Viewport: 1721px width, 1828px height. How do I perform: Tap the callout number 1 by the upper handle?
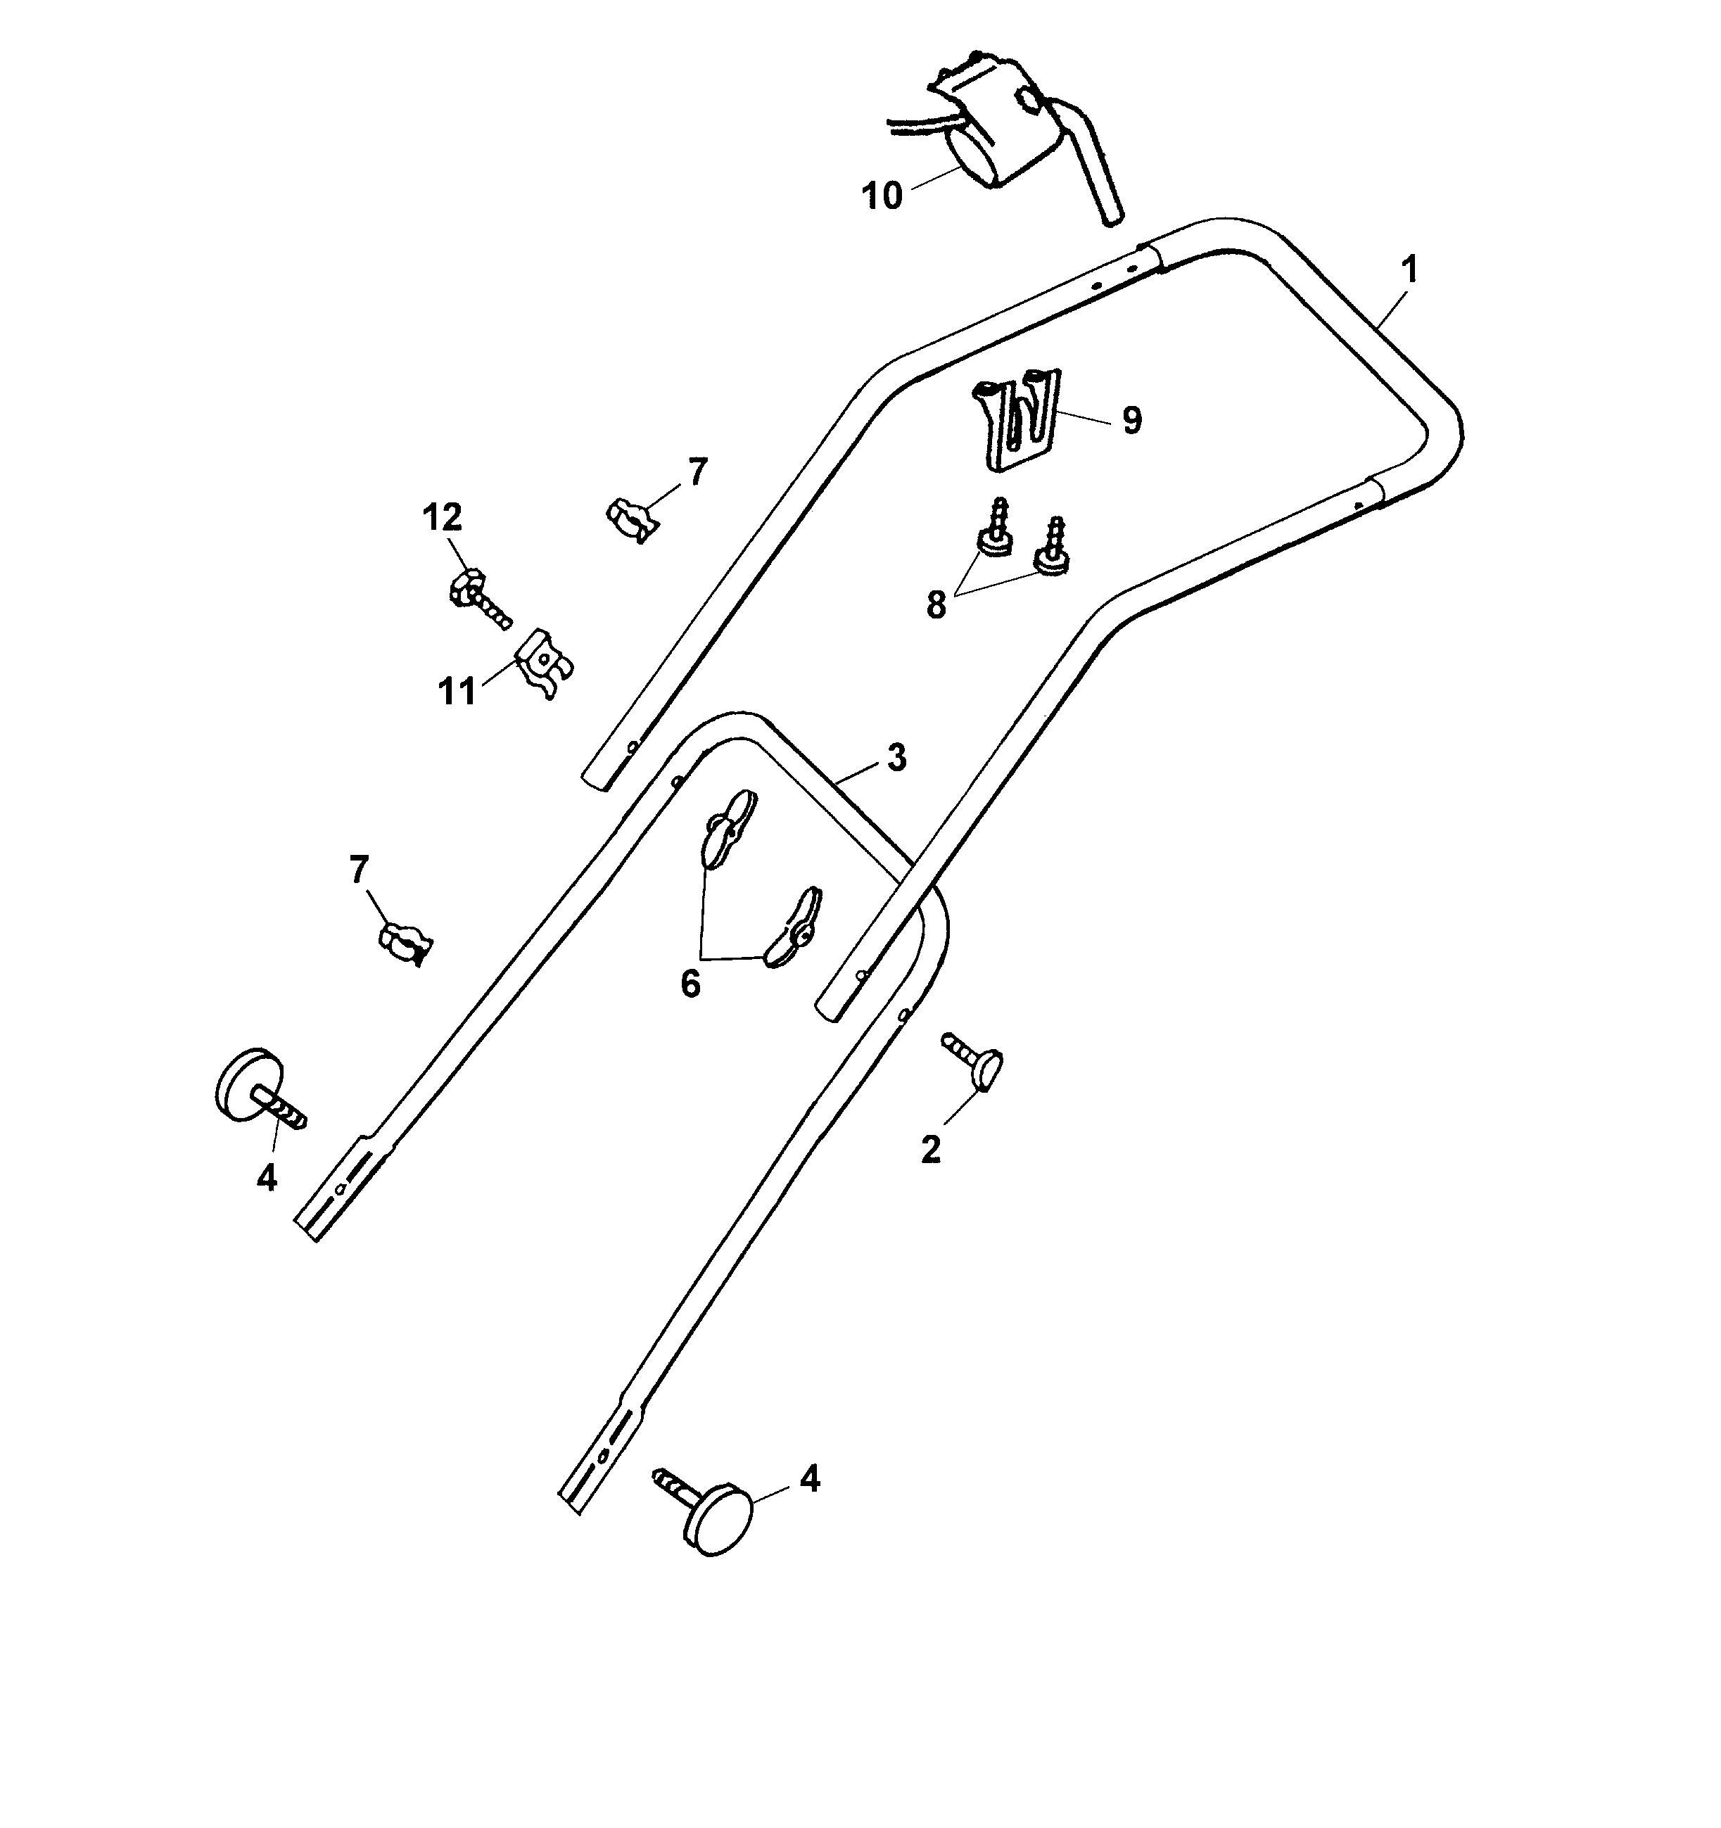pos(1409,270)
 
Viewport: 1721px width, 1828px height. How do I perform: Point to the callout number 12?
pos(441,518)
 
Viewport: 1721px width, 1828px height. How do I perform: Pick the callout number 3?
pos(896,758)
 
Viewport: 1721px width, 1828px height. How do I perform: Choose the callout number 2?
pos(930,1150)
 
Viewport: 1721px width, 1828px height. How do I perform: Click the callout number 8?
pos(936,605)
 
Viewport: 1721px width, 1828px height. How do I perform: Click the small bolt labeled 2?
pos(977,1062)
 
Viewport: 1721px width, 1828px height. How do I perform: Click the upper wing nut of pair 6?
pos(728,827)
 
